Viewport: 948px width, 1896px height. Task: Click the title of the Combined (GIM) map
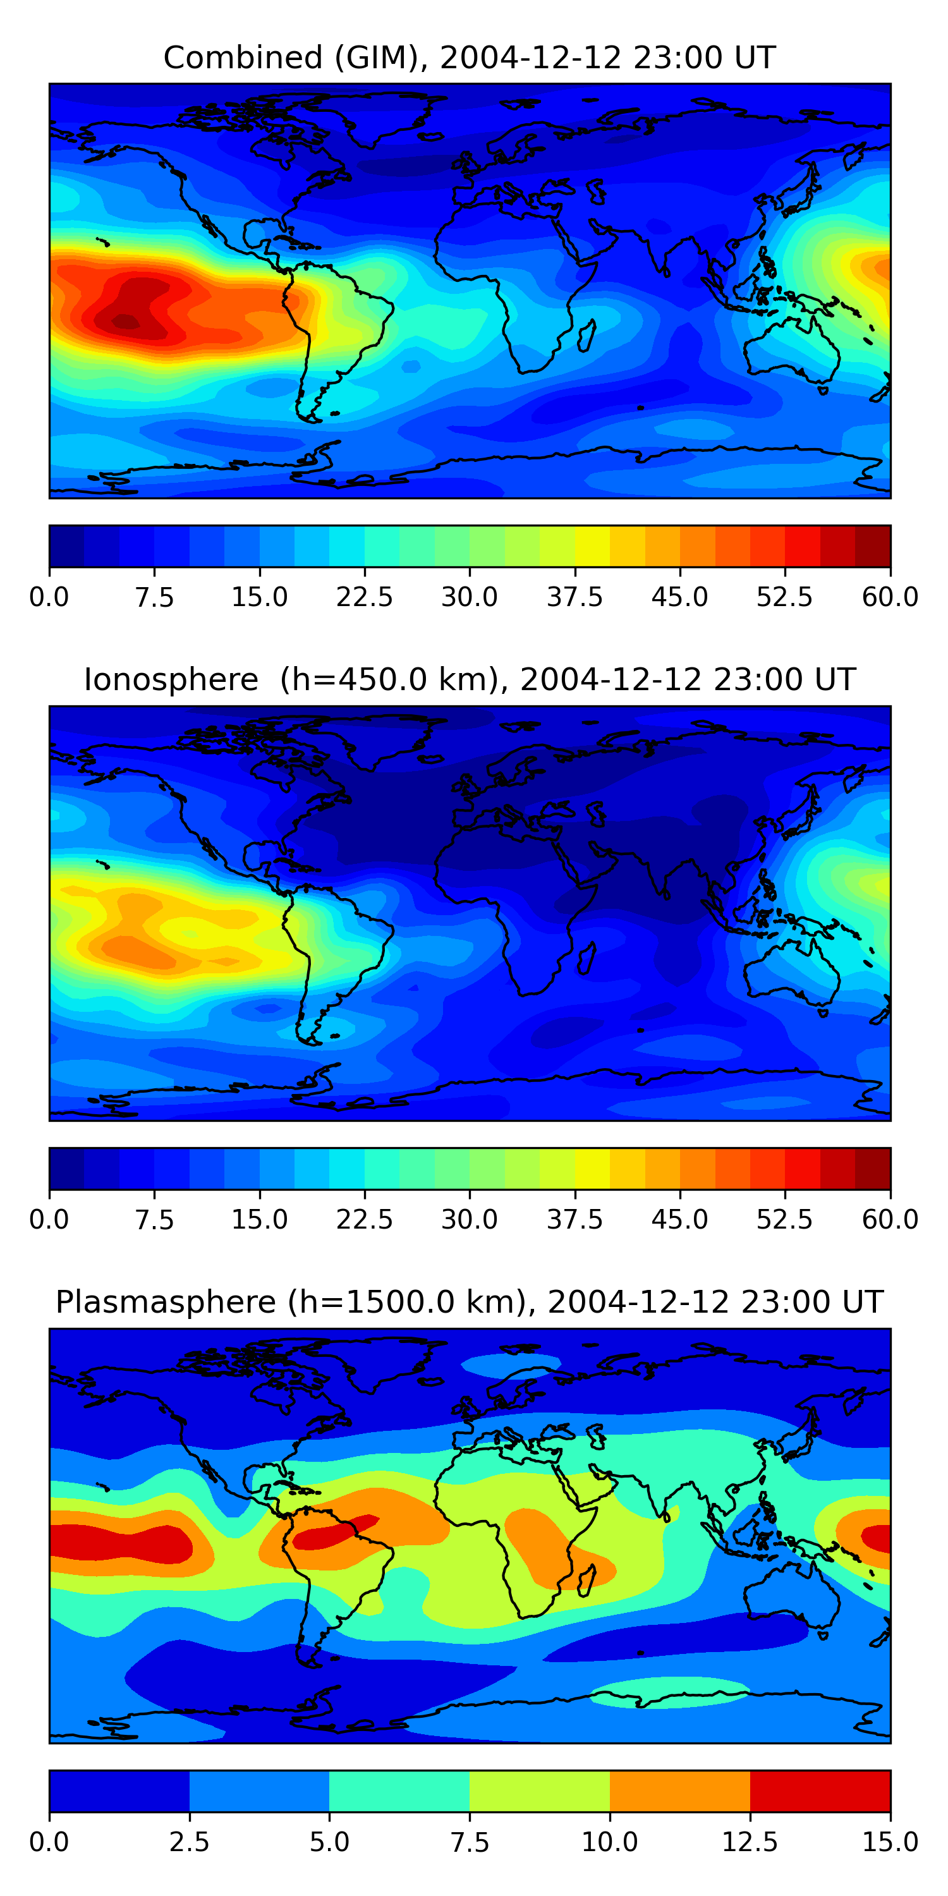coord(470,58)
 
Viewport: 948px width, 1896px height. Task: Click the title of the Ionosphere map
coord(470,679)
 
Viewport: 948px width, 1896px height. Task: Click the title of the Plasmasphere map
coord(470,1302)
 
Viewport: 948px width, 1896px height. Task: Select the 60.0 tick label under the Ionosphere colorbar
coord(890,1220)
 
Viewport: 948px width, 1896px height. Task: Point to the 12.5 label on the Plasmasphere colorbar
coord(750,1842)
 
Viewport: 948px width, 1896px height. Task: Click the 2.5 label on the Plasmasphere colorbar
coord(189,1842)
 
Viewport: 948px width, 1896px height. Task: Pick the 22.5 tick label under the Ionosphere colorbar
coord(364,1220)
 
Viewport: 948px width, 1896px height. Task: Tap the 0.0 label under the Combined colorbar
coord(49,597)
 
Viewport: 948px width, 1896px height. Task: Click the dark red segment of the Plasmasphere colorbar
coord(820,1790)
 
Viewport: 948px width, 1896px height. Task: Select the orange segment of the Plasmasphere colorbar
coord(679,1790)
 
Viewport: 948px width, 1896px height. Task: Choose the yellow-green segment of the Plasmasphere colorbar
coord(540,1790)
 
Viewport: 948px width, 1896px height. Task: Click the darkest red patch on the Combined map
coord(125,322)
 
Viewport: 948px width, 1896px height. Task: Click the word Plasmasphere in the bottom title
coord(166,1302)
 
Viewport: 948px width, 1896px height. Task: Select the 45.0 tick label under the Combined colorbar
coord(679,597)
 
